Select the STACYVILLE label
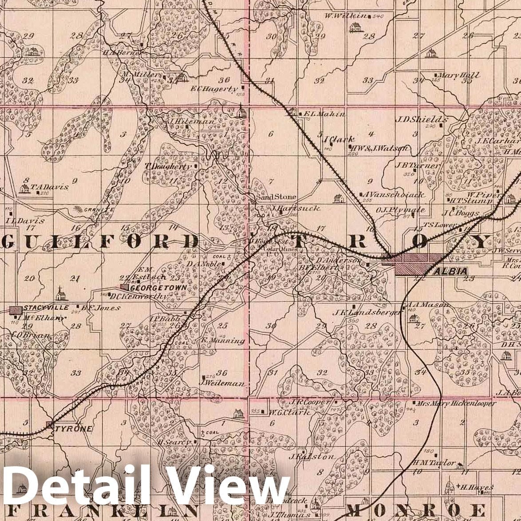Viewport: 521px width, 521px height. (46, 308)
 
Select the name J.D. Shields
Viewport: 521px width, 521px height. (421, 119)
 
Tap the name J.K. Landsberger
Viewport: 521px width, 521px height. (367, 312)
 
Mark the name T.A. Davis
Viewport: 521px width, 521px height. (50, 187)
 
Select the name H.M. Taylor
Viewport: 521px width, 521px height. (434, 463)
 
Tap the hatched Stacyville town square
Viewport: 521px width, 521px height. (16, 309)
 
